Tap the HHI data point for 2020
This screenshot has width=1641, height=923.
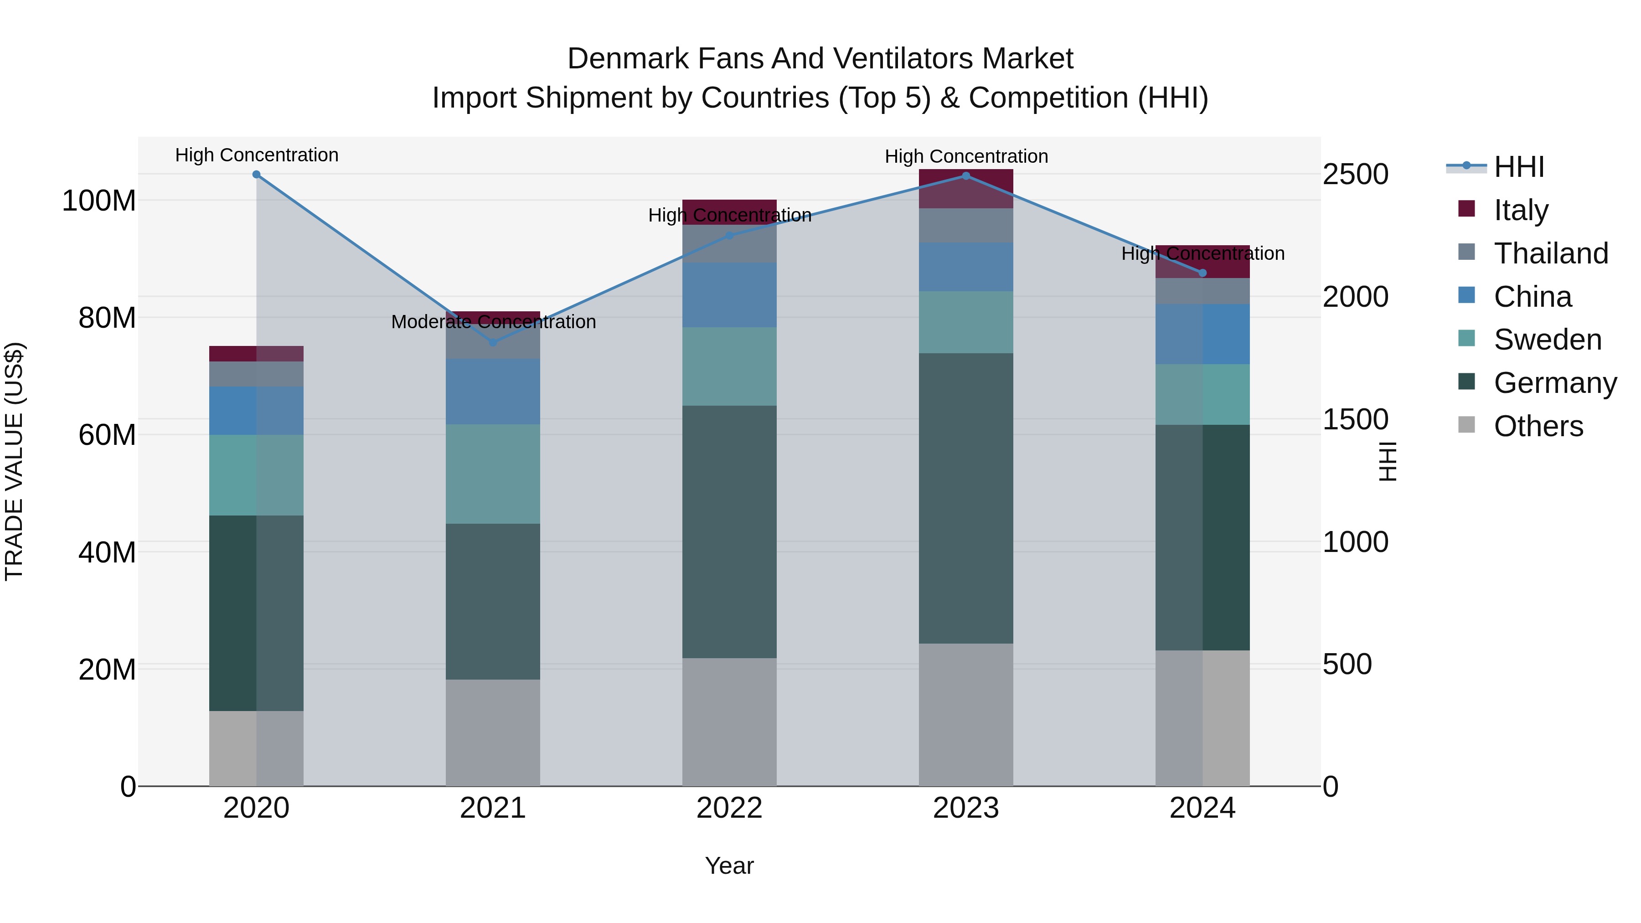(256, 175)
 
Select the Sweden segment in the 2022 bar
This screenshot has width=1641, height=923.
(729, 366)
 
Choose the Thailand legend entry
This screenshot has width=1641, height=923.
(1551, 253)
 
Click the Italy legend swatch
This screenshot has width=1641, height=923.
(1466, 209)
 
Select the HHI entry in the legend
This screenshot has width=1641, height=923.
(1519, 167)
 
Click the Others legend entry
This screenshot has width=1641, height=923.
(1538, 426)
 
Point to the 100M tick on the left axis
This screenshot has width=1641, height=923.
(99, 201)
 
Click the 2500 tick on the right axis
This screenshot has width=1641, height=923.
(1356, 175)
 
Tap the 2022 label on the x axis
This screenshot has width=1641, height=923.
(729, 808)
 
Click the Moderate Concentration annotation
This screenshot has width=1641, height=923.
(493, 322)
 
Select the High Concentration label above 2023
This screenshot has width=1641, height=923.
(966, 156)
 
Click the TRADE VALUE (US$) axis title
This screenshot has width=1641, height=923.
(15, 461)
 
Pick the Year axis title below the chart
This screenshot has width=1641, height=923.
(729, 866)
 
